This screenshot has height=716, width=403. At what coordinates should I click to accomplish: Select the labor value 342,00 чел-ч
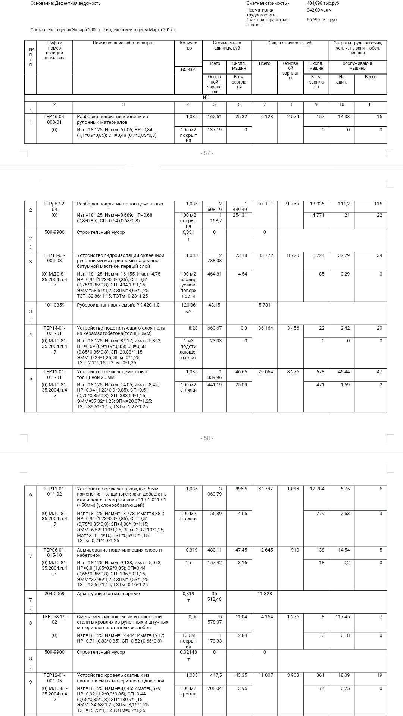pyautogui.click(x=319, y=10)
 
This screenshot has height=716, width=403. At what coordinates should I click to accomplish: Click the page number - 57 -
pyautogui.click(x=207, y=153)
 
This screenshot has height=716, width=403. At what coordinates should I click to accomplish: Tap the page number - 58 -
pyautogui.click(x=207, y=438)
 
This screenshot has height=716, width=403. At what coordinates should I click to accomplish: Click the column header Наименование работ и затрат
pyautogui.click(x=123, y=43)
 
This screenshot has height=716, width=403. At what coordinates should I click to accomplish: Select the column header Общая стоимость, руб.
pyautogui.click(x=290, y=43)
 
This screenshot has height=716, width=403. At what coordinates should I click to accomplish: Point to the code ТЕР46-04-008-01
pyautogui.click(x=54, y=119)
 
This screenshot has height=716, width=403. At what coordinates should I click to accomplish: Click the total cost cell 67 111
pyautogui.click(x=266, y=204)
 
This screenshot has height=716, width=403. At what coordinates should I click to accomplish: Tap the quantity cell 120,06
pyautogui.click(x=188, y=305)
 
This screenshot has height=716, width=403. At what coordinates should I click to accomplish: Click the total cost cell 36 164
pyautogui.click(x=266, y=328)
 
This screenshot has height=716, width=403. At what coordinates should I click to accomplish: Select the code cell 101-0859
pyautogui.click(x=54, y=305)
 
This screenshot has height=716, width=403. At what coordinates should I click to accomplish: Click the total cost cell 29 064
pyautogui.click(x=266, y=372)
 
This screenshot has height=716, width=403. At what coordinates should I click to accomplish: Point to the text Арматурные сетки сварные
pyautogui.click(x=108, y=594)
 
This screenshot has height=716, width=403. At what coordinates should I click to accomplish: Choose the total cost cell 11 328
pyautogui.click(x=265, y=594)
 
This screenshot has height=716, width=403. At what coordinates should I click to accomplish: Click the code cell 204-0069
pyautogui.click(x=54, y=594)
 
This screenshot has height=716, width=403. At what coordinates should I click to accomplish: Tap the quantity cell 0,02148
pyautogui.click(x=188, y=652)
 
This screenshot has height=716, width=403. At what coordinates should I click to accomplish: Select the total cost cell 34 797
pyautogui.click(x=266, y=489)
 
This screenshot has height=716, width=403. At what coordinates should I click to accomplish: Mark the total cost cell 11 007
pyautogui.click(x=266, y=675)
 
